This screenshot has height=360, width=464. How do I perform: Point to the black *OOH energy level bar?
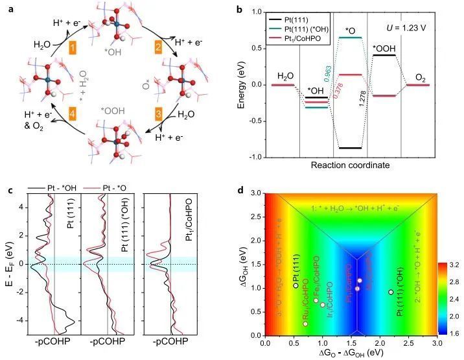pos(385,55)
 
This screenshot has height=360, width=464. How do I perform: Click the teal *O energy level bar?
pos(350,37)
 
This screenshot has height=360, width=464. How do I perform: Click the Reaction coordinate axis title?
pos(350,165)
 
